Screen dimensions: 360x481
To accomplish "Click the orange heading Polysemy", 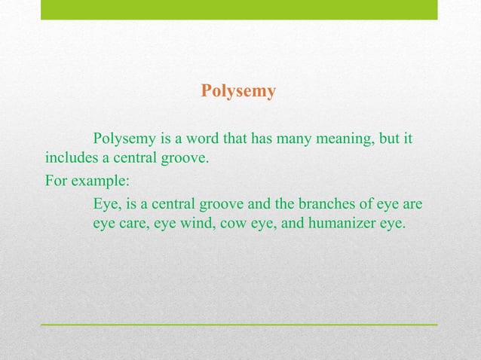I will pos(238,92).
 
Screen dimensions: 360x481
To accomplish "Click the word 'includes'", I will pos(69,159).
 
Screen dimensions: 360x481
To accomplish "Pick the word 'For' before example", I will pos(56,182).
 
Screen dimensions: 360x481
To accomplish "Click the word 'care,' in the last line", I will pos(136,224).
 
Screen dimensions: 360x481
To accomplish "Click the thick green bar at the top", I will pos(239,10).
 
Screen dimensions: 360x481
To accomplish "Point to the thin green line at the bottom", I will pos(239,324).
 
